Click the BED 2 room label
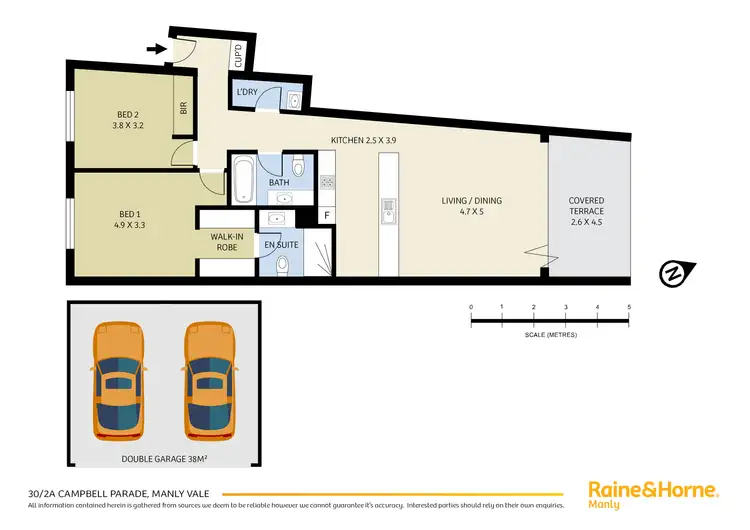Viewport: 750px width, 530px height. click(x=126, y=121)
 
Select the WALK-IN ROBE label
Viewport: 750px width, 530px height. click(x=227, y=241)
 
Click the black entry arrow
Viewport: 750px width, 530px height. click(x=155, y=47)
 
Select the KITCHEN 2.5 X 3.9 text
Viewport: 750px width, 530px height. click(x=364, y=140)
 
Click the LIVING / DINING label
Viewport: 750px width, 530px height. click(x=472, y=206)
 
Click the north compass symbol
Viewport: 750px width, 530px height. click(x=675, y=273)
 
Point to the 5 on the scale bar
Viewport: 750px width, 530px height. click(x=629, y=307)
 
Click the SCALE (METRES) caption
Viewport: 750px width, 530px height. click(x=550, y=333)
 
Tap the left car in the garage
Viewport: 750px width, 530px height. click(x=116, y=381)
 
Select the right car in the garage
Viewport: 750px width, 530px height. click(x=208, y=381)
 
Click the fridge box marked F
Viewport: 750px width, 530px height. click(x=326, y=215)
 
